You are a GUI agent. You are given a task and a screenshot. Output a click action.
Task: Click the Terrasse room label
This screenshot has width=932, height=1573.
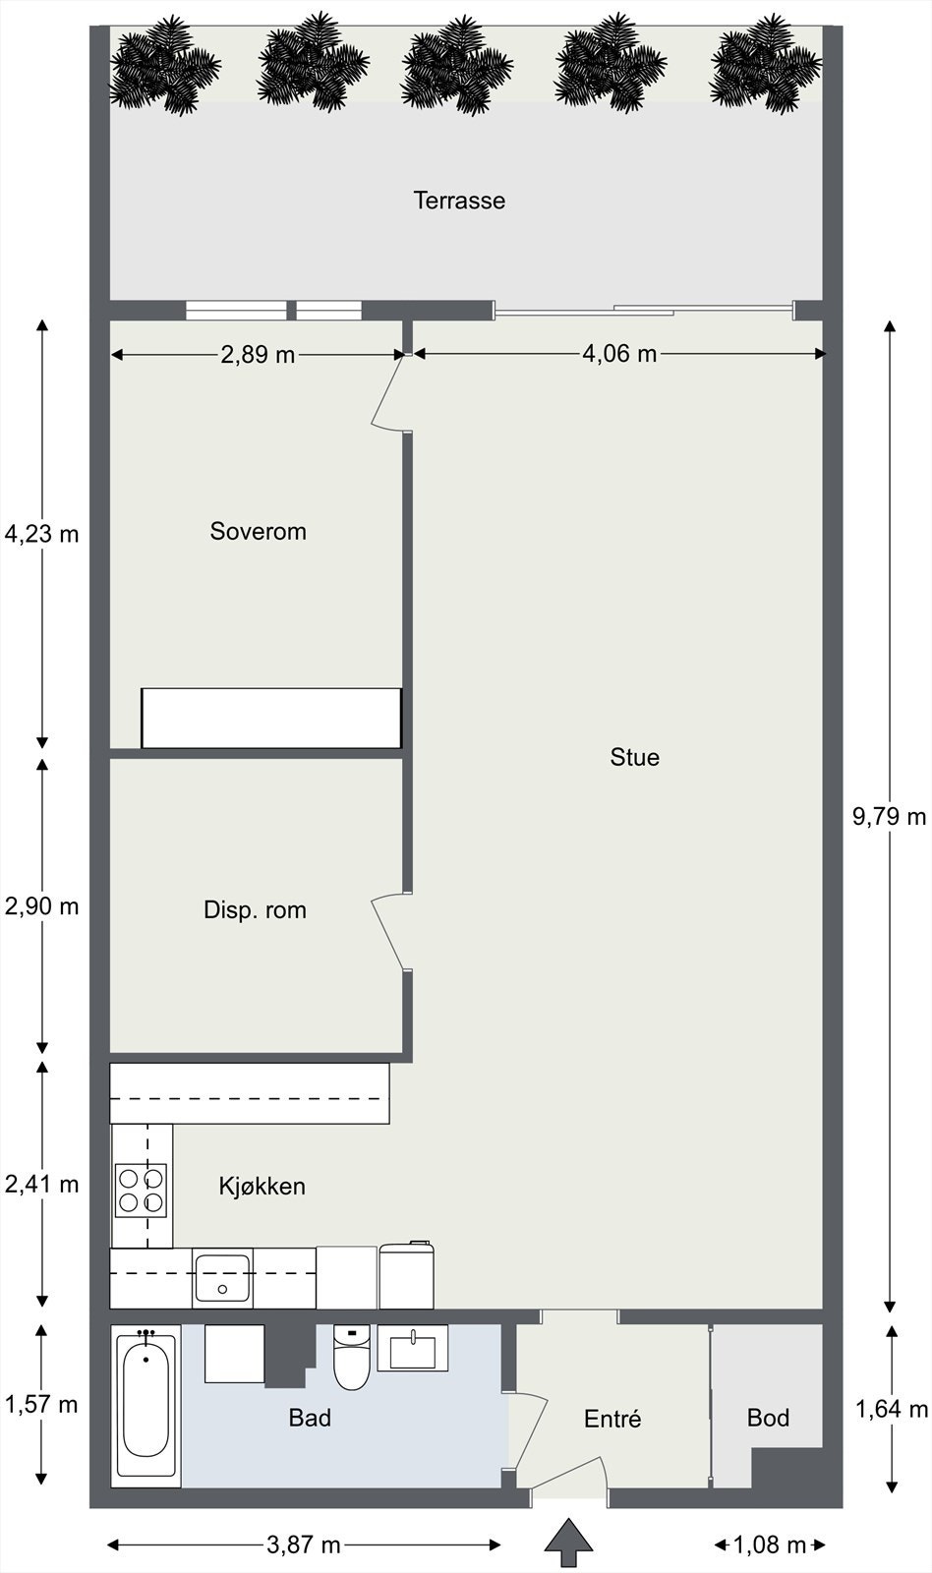pyautogui.click(x=459, y=201)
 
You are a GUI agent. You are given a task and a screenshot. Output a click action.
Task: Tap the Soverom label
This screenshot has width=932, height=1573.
pyautogui.click(x=258, y=531)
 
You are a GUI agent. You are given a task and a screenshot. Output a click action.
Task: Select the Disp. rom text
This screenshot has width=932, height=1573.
pyautogui.click(x=255, y=910)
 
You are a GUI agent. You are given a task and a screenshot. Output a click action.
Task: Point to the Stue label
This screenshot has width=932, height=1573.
pyautogui.click(x=635, y=757)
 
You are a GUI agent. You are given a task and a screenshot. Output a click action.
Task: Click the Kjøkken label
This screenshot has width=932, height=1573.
pyautogui.click(x=262, y=1186)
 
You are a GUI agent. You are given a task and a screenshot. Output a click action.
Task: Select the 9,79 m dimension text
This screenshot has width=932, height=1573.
pyautogui.click(x=889, y=816)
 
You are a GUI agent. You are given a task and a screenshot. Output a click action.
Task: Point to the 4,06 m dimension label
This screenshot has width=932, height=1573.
pyautogui.click(x=619, y=353)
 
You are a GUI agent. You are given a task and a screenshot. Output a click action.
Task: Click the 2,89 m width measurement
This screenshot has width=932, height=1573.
pyautogui.click(x=258, y=355)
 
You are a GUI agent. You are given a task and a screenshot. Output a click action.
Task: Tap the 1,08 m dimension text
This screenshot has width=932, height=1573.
pyautogui.click(x=770, y=1544)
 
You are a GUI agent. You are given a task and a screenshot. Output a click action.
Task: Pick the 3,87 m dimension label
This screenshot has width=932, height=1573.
pyautogui.click(x=304, y=1544)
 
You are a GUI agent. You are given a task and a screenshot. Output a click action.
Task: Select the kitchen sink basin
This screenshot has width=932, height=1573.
pyautogui.click(x=222, y=1277)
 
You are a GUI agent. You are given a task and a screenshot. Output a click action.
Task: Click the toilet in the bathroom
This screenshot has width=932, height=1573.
pyautogui.click(x=351, y=1357)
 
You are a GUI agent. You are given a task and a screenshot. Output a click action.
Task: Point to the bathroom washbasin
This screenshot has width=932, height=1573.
pyautogui.click(x=412, y=1348)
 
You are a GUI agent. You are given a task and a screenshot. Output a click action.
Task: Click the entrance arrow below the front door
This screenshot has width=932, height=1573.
pyautogui.click(x=569, y=1544)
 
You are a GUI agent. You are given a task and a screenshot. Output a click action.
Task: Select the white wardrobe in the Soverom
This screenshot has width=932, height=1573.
pyautogui.click(x=271, y=718)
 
